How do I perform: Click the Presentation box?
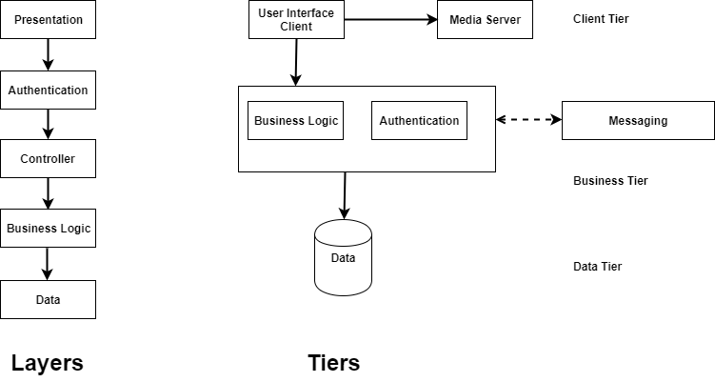48,19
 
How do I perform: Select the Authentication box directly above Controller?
48,90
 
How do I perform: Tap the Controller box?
48,159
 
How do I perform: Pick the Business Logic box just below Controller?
48,229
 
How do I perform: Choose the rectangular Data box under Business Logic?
48,299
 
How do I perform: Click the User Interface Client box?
296,19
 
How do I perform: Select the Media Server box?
485,19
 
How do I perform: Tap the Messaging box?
638,121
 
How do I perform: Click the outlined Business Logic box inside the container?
295,121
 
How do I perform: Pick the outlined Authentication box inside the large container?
419,121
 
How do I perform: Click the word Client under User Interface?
296,27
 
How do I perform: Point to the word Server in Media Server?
503,19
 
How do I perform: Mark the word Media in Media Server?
466,19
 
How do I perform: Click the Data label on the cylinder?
343,258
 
